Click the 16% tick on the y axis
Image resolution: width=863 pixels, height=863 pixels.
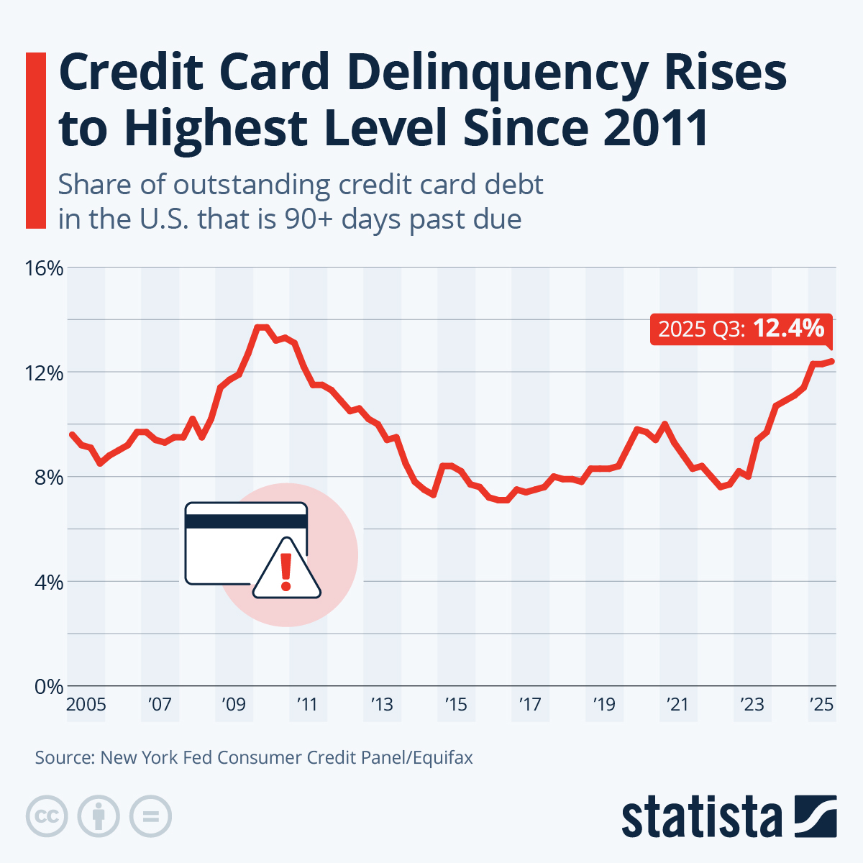point(45,268)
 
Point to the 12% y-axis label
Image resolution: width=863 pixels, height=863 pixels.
point(45,373)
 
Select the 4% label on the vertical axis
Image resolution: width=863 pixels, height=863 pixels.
point(49,582)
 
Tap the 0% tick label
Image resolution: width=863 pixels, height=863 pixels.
point(49,686)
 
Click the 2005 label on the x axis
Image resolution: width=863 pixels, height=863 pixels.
point(86,704)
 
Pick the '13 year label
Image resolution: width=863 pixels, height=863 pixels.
point(382,704)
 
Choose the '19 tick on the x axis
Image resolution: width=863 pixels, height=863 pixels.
point(603,704)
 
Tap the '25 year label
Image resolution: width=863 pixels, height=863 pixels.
point(821,704)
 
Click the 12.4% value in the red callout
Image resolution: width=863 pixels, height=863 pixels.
point(788,329)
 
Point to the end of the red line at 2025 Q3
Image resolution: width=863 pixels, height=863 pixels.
point(833,361)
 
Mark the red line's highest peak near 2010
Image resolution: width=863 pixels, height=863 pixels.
point(262,327)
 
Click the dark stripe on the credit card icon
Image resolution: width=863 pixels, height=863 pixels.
point(246,521)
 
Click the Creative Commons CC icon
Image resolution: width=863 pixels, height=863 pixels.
point(47,816)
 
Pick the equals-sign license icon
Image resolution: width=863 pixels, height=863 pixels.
point(150,816)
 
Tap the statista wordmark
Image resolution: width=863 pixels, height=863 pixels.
point(701,818)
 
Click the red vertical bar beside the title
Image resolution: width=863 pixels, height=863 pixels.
point(35,140)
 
